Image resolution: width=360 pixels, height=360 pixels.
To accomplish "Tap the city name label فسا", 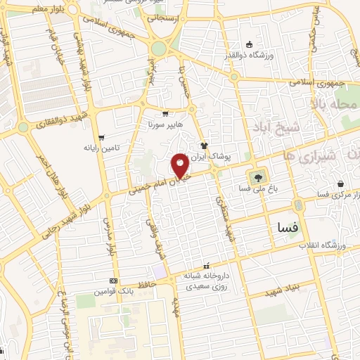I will coord(288,228).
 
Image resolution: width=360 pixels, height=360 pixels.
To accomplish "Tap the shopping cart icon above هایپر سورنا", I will coord(165,114).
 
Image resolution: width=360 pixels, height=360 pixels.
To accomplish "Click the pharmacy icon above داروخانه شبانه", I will coord(206,266).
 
